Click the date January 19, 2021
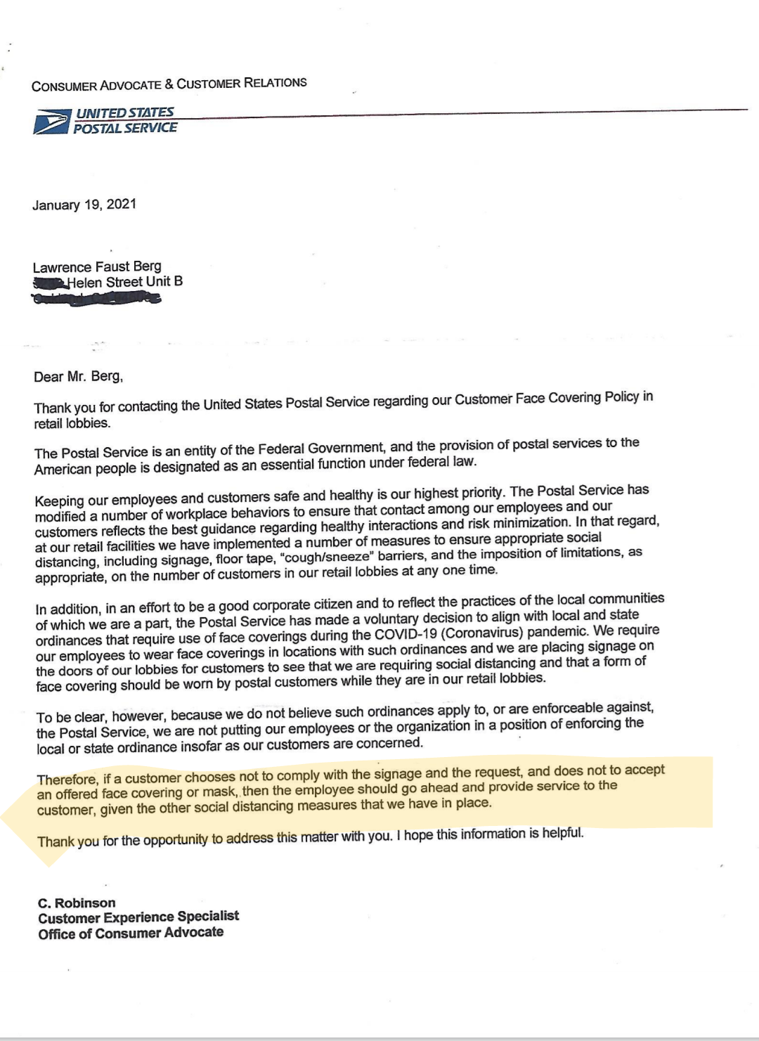84,205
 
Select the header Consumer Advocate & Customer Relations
169,84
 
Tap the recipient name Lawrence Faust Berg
97,266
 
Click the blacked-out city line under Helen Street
97,299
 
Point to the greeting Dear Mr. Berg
78,377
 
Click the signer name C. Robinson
77,903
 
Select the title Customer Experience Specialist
138,917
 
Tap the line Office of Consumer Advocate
131,933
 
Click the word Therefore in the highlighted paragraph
67,780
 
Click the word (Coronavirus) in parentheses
482,631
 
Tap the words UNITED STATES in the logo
124,112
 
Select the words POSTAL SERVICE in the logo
125,128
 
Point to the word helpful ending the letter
562,833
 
